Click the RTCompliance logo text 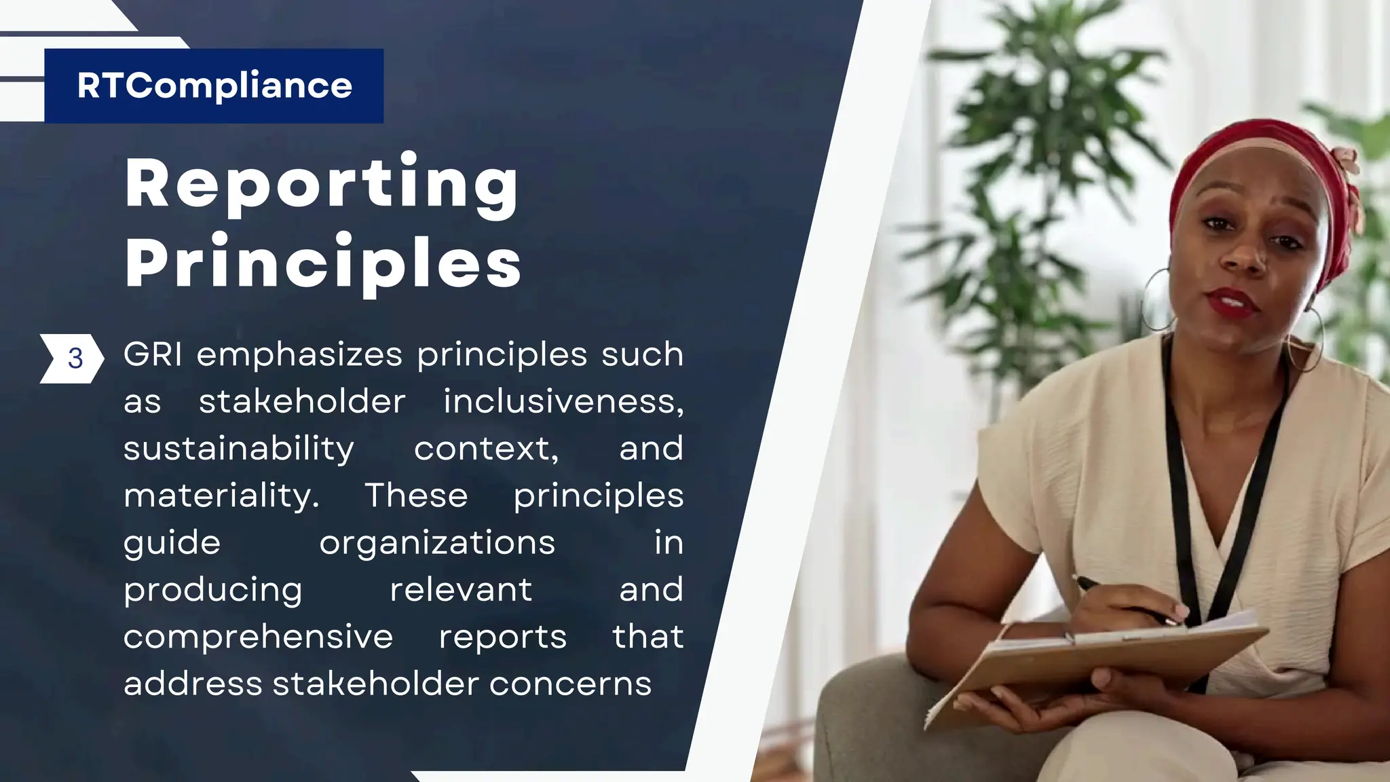pyautogui.click(x=214, y=86)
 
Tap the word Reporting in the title pyautogui.click(x=322, y=183)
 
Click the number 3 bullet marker pyautogui.click(x=75, y=358)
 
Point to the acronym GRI pyautogui.click(x=153, y=354)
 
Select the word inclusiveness pyautogui.click(x=563, y=401)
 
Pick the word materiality pyautogui.click(x=221, y=496)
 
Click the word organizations pyautogui.click(x=437, y=543)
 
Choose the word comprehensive pyautogui.click(x=258, y=637)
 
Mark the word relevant pyautogui.click(x=461, y=589)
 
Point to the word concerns pyautogui.click(x=570, y=684)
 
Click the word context pyautogui.click(x=487, y=449)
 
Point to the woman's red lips pyautogui.click(x=1233, y=301)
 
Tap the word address pyautogui.click(x=193, y=684)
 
